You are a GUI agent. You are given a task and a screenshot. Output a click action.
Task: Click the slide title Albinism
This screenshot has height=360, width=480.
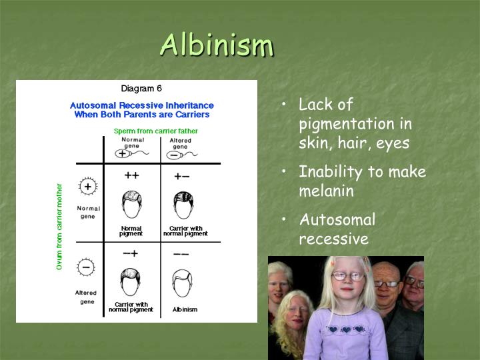(217, 45)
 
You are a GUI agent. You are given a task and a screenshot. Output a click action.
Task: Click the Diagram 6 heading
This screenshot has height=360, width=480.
(141, 88)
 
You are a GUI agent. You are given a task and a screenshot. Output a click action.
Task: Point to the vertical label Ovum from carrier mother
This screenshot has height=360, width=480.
(59, 227)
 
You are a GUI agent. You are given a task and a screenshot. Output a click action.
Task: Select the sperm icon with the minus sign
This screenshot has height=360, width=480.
(180, 153)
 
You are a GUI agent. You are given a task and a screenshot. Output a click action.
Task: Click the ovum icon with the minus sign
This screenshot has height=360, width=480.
(87, 267)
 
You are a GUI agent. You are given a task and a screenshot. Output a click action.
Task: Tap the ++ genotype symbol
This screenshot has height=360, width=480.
(131, 175)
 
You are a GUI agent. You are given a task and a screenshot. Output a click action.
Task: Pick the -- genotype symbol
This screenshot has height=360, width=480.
(181, 254)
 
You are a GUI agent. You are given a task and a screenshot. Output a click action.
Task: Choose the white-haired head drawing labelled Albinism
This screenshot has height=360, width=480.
(181, 281)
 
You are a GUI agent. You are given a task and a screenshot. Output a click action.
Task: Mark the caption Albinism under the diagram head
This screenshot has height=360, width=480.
(185, 309)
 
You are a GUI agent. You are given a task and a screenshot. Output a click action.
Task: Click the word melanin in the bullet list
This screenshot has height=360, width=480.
(326, 191)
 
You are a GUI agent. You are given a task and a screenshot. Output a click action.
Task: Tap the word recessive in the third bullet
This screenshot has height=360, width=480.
(333, 239)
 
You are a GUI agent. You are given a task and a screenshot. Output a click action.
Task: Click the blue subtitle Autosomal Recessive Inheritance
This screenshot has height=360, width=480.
(141, 105)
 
